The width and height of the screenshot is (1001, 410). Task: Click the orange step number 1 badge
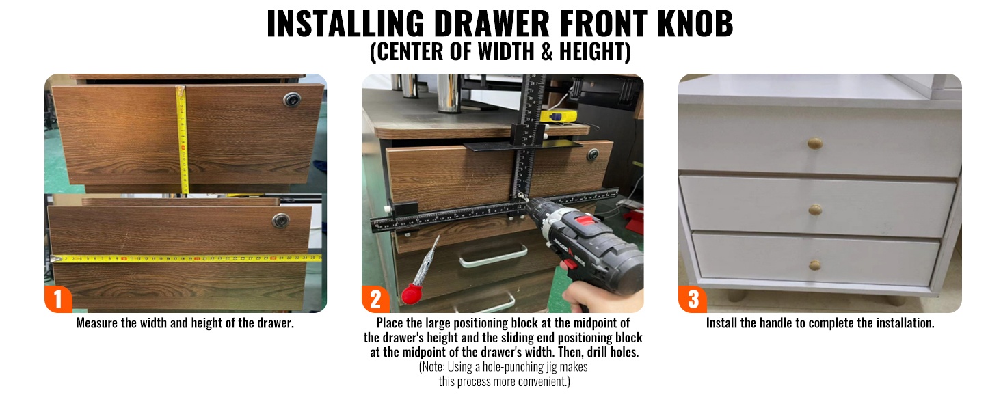(58, 299)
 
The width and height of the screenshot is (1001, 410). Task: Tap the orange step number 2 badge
(375, 299)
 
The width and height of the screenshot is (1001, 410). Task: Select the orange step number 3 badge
(692, 299)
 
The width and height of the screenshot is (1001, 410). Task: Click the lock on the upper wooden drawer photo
(292, 99)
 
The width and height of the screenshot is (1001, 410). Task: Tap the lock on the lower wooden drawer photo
(280, 220)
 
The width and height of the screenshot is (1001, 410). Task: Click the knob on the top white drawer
(814, 143)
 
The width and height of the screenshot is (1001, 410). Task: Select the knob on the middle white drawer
(815, 210)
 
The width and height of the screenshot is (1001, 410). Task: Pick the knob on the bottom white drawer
(814, 265)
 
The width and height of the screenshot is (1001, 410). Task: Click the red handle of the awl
(412, 294)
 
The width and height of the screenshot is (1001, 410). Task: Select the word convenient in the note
(544, 381)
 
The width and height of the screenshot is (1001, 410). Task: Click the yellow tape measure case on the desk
(558, 116)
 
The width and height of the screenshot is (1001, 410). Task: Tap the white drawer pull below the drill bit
(493, 256)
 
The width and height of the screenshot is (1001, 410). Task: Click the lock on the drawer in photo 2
(593, 155)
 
